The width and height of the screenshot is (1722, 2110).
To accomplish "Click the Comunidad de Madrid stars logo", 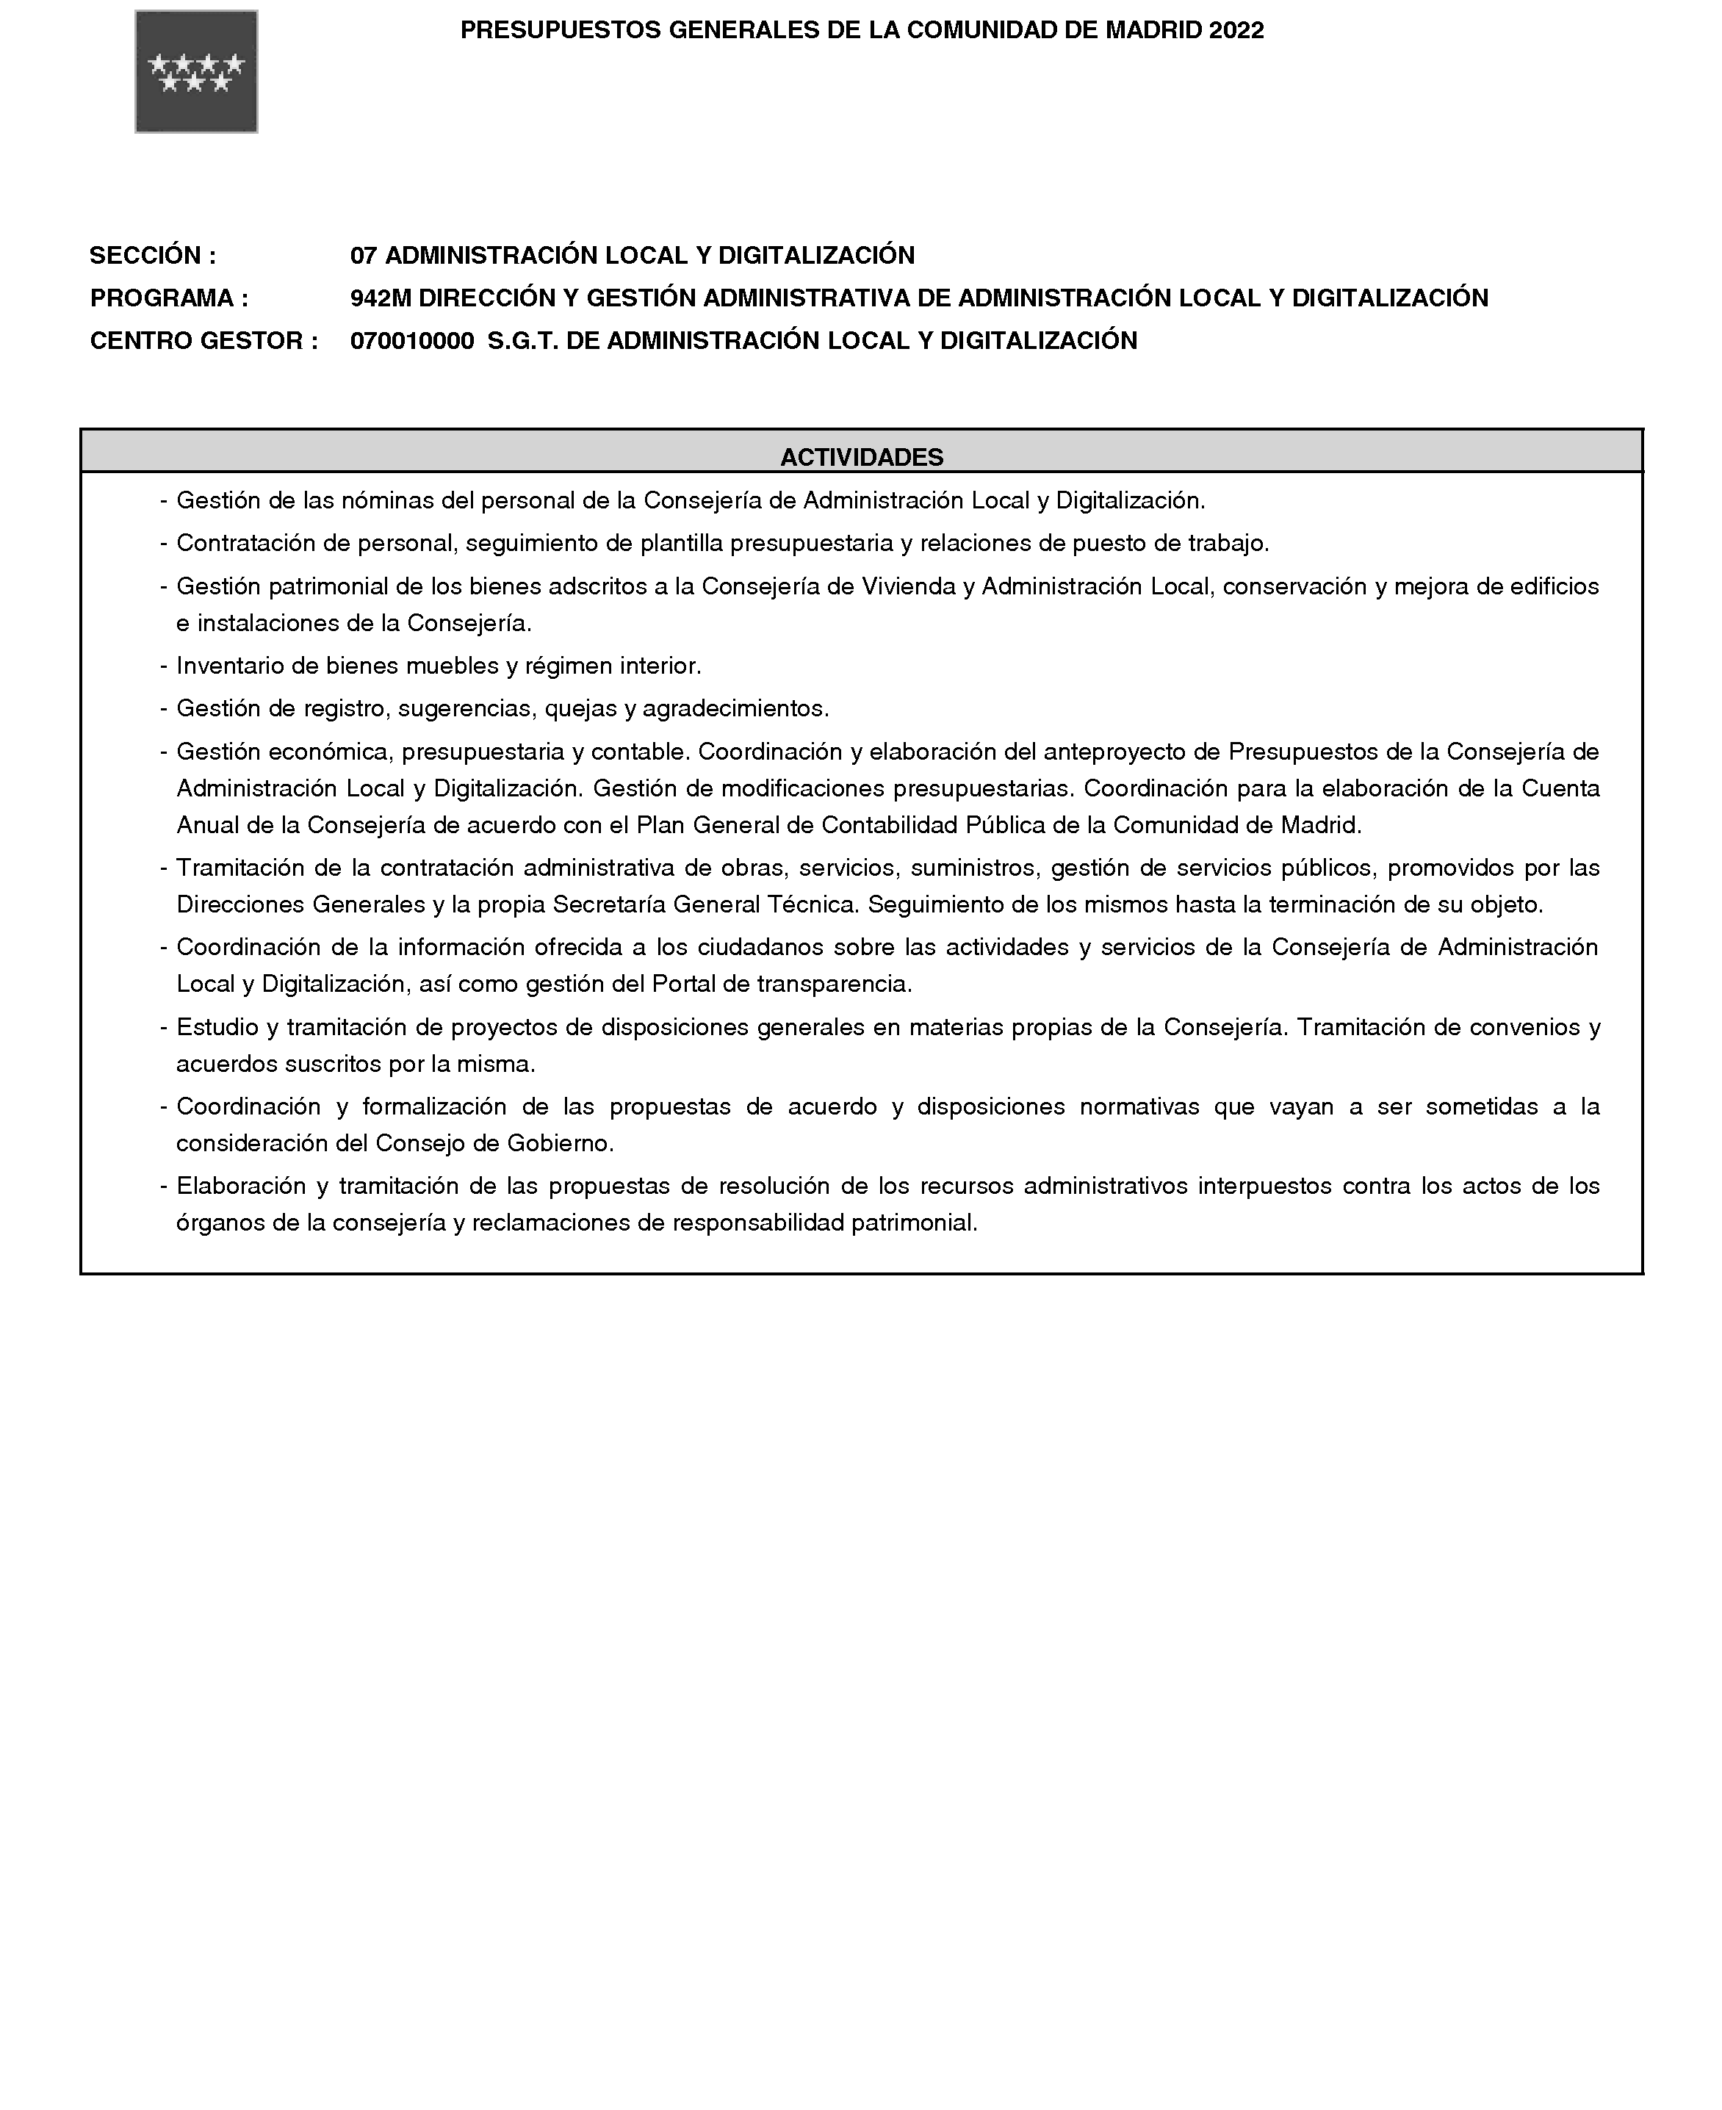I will click(x=196, y=71).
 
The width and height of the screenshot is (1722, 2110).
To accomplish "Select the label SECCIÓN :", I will click(x=153, y=256).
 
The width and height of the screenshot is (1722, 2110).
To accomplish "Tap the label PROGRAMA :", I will click(x=169, y=298).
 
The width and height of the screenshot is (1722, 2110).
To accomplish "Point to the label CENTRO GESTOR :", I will click(x=203, y=341).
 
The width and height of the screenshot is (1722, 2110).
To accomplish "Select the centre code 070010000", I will click(x=411, y=341).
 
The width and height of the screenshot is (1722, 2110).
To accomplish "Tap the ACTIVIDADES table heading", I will click(x=861, y=457).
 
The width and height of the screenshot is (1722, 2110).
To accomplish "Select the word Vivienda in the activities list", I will click(x=907, y=586).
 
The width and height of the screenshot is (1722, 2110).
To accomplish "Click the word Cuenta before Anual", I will click(x=1560, y=788).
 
